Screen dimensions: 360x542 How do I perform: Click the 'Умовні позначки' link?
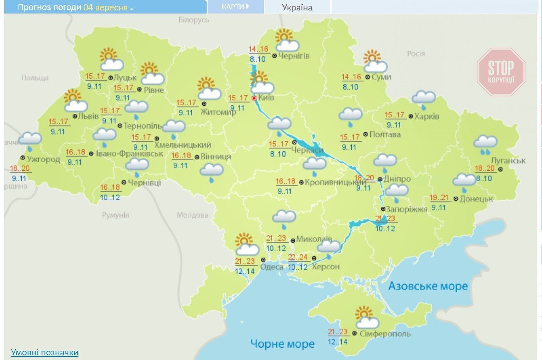coord(45,353)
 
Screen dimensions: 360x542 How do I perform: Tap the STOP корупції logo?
coord(501,72)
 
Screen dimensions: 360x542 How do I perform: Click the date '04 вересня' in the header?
coord(105,7)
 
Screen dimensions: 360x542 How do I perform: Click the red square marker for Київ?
coord(254,98)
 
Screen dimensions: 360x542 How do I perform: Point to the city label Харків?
coord(427,116)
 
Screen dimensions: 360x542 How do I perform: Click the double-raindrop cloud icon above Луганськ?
coord(485,144)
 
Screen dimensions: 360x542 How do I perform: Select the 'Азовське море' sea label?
coord(428,286)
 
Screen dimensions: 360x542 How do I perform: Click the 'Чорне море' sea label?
coord(282,343)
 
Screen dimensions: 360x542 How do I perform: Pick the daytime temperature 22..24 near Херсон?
coord(298,257)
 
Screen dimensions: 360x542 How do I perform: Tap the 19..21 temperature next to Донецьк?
coord(439,198)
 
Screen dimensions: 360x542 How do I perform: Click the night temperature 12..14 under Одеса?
coord(245,271)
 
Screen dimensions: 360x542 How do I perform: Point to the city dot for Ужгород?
coord(22,158)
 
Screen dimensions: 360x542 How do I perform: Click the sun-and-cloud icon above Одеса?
coord(246,245)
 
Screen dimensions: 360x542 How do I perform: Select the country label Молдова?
coord(192,215)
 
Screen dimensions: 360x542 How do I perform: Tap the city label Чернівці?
coord(144,182)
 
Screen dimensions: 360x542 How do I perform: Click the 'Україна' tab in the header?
coord(297,7)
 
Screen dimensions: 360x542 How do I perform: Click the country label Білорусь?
coord(193,20)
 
